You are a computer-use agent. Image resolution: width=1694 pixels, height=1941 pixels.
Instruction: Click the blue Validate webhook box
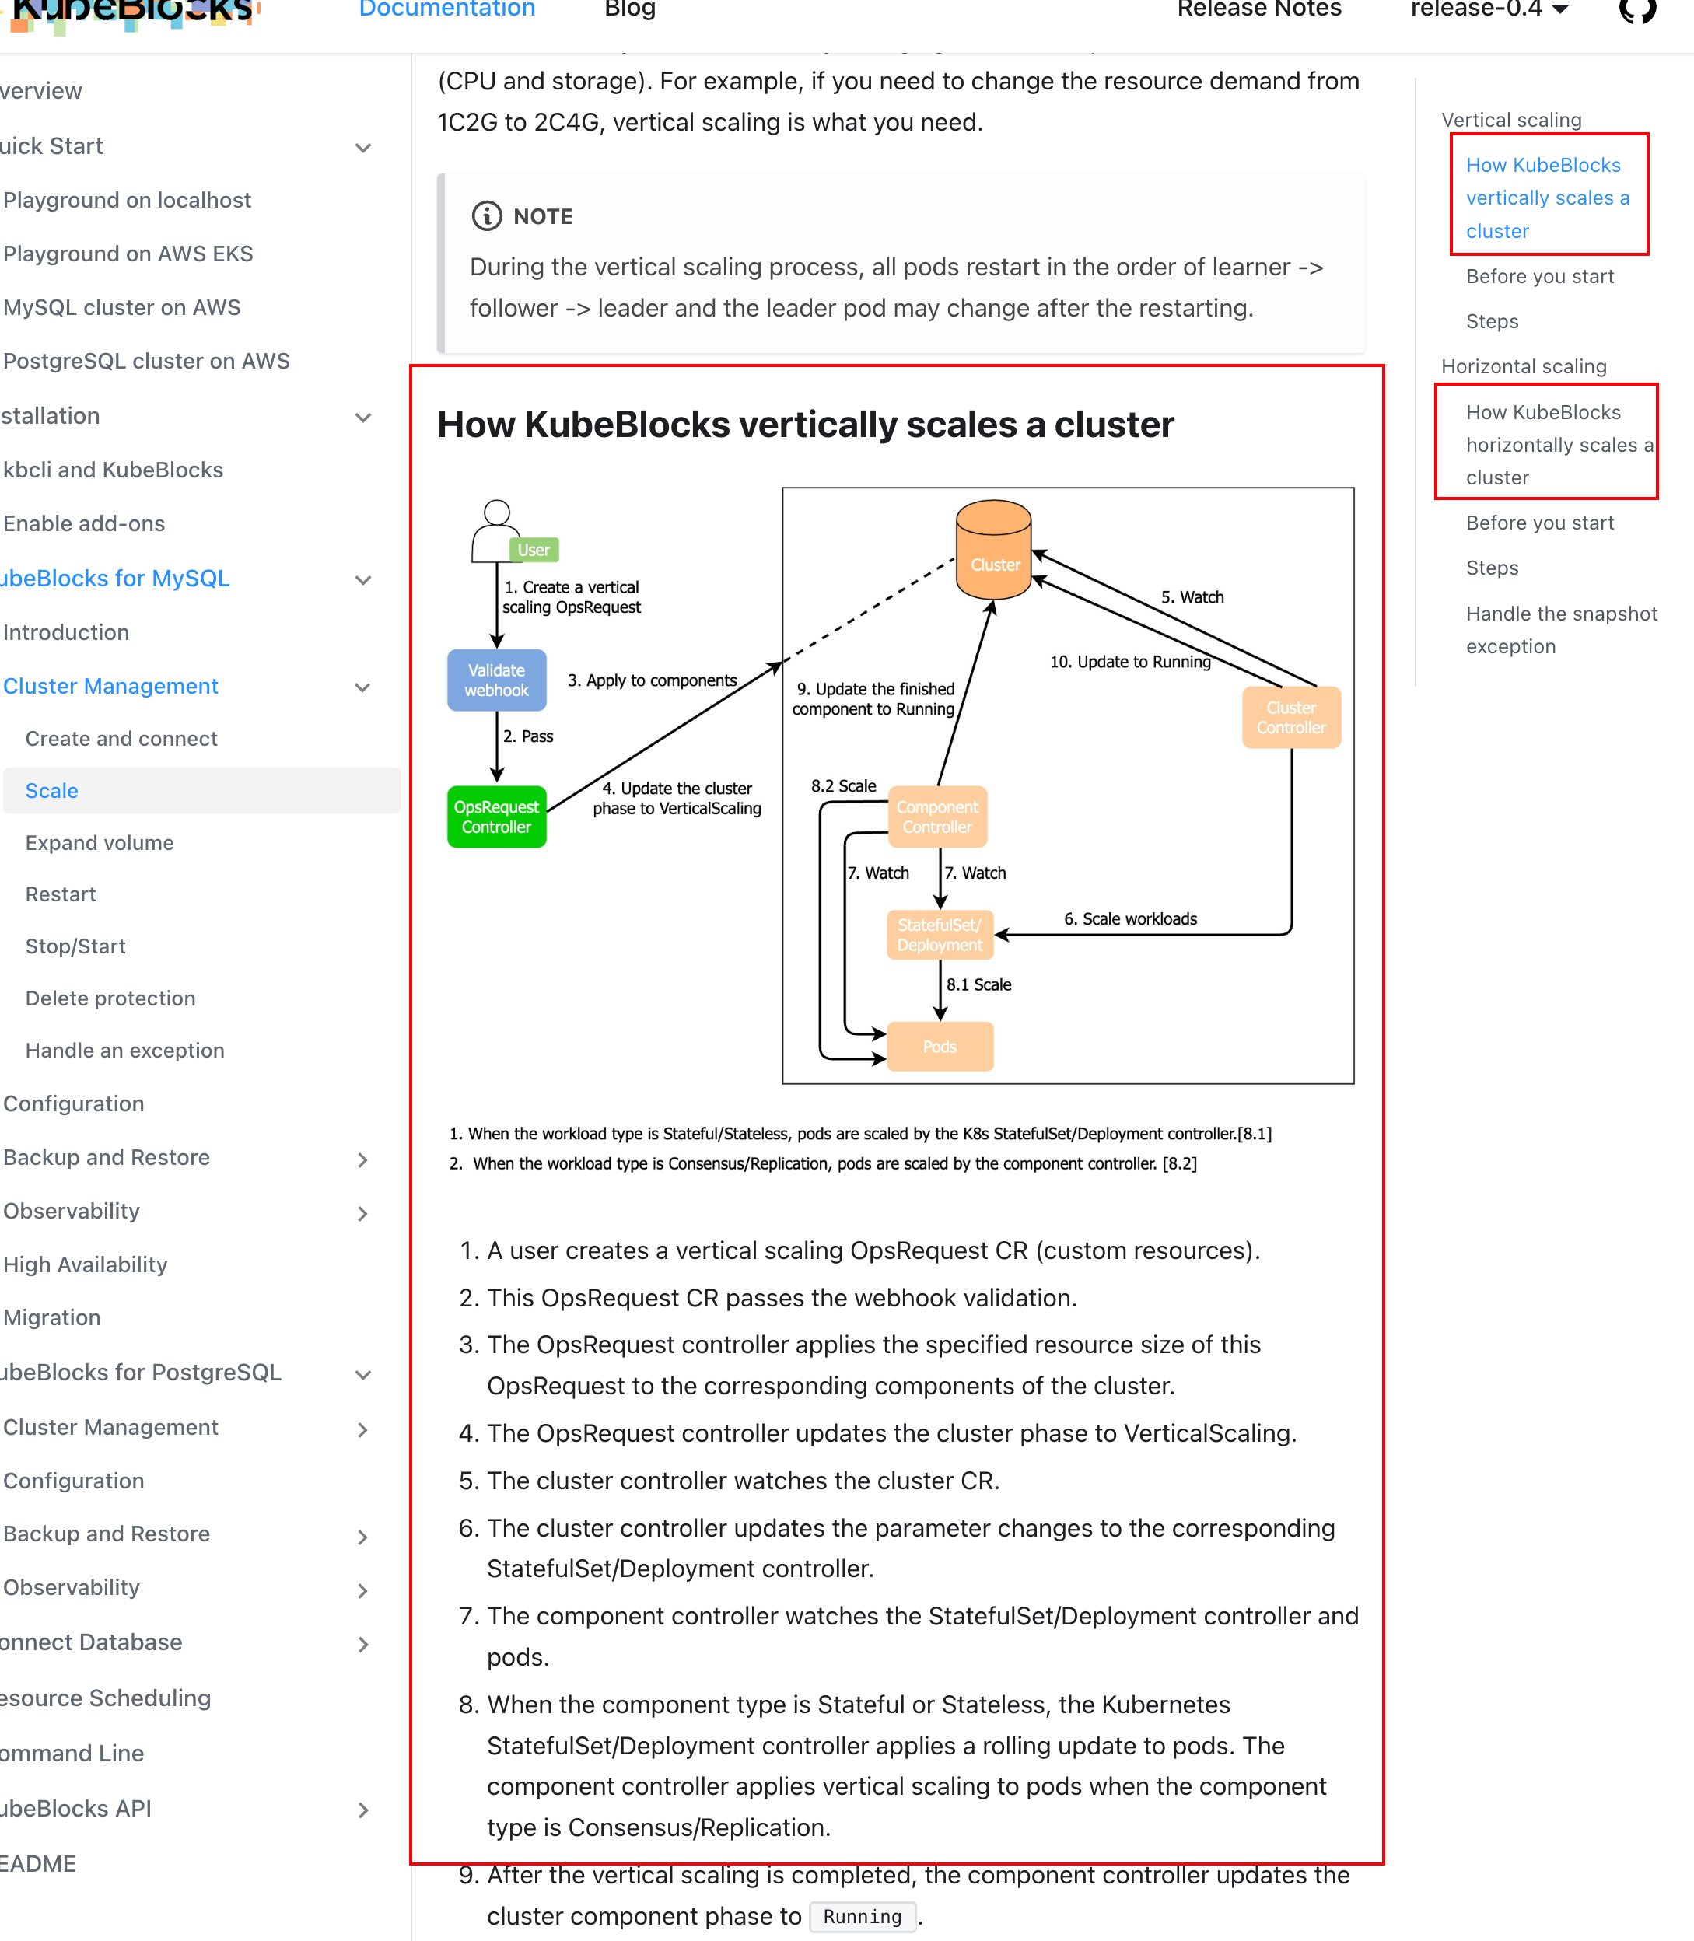tap(496, 680)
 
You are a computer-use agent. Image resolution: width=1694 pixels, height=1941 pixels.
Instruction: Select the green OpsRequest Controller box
tap(496, 817)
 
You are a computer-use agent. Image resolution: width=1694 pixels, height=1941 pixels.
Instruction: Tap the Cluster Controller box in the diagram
tap(1290, 717)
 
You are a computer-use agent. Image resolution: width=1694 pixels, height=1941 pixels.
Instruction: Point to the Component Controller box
tap(936, 817)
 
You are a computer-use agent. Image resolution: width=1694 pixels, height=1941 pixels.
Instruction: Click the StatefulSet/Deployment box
tap(940, 935)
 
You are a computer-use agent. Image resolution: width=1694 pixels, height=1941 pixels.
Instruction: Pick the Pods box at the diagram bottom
tap(940, 1046)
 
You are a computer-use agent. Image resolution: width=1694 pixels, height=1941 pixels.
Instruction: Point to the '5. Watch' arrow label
tap(1192, 597)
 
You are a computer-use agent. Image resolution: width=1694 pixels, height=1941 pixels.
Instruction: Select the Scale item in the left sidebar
tap(52, 791)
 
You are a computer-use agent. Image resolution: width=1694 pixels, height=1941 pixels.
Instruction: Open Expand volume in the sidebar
tap(100, 843)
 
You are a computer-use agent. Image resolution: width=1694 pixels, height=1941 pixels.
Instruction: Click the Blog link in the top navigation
tap(629, 9)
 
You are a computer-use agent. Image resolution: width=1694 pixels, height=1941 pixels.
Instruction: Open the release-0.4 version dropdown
tap(1489, 9)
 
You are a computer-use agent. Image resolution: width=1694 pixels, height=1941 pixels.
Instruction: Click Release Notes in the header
tap(1258, 9)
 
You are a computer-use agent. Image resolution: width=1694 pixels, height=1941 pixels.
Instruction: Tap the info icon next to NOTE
tap(487, 216)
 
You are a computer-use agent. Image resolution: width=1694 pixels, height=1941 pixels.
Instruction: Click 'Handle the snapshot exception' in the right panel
tap(1561, 629)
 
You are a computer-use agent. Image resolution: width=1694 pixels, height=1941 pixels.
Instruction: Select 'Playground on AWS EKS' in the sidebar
tap(128, 254)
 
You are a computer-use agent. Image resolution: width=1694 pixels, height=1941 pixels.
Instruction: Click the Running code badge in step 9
tap(862, 1916)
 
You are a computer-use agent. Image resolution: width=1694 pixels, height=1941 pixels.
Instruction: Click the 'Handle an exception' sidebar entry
tap(124, 1050)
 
